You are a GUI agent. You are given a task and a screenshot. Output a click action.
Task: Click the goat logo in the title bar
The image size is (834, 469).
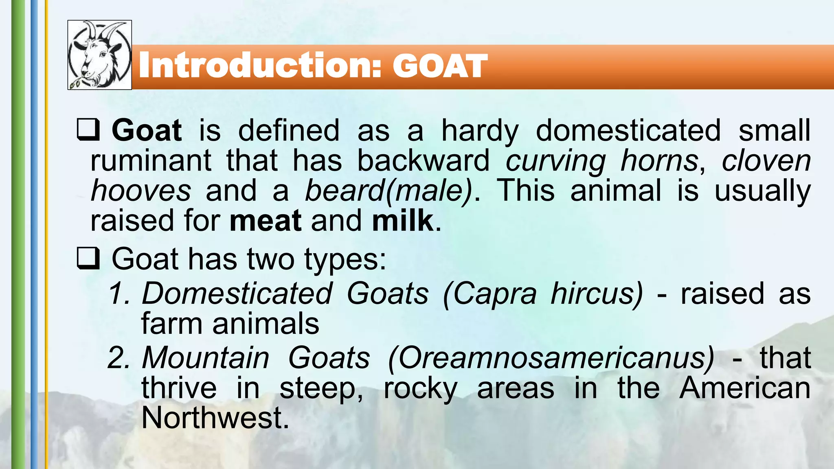pos(99,55)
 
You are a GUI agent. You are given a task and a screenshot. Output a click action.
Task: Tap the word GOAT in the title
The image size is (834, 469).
pos(440,66)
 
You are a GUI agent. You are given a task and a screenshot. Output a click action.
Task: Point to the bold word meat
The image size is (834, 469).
pos(266,221)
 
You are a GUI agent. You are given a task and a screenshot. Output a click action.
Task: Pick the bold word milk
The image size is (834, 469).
pos(403,221)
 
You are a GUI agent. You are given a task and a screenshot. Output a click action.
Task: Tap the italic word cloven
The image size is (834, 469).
pos(766,160)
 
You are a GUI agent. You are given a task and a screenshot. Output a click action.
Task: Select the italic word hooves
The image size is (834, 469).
pos(140,191)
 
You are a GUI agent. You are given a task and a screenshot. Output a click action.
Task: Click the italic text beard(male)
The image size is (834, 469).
pos(389,191)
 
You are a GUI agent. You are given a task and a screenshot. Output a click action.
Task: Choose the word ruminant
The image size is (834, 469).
pos(151,160)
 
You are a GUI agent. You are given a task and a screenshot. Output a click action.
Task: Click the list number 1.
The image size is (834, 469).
pos(118,293)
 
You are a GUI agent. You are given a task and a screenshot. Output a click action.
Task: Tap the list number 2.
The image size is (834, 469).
pos(118,357)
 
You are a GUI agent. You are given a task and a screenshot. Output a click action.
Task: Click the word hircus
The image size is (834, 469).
pos(597,293)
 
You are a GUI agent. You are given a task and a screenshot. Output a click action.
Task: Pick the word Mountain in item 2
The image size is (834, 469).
pos(205,357)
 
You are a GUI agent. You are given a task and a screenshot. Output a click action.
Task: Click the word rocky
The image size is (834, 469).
pos(421,388)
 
